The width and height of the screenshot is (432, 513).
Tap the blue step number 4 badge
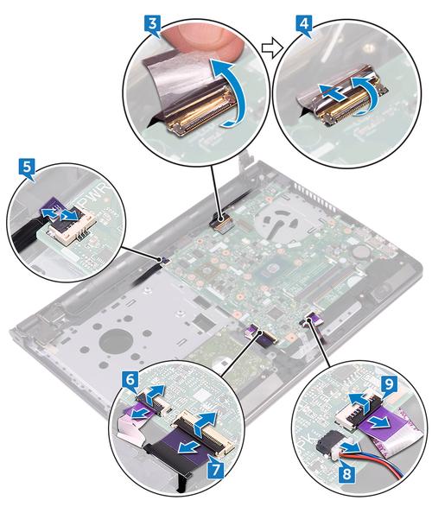(303, 26)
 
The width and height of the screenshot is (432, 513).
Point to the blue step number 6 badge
(130, 381)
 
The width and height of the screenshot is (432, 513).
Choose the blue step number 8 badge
(346, 473)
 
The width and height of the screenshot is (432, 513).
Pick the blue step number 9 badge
(390, 383)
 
